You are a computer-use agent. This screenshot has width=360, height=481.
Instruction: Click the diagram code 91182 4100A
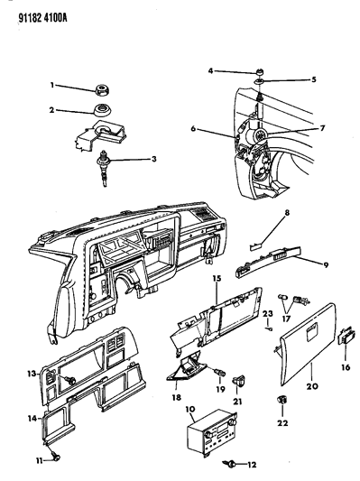pos(43,18)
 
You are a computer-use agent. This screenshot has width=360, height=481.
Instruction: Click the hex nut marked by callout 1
pos(103,89)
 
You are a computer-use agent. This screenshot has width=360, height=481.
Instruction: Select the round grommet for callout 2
pos(103,110)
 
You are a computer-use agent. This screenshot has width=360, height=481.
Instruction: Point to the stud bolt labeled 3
pos(105,168)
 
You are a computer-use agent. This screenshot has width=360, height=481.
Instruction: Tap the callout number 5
pos(313,79)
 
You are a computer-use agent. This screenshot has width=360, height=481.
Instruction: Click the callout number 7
pos(322,127)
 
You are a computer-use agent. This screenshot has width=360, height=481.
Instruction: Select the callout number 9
pos(326,264)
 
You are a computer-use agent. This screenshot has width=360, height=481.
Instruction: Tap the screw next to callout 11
pos(56,458)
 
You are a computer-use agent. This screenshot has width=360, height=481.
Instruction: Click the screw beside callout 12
pos(230,464)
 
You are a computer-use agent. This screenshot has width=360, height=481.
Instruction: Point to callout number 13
pos(32,374)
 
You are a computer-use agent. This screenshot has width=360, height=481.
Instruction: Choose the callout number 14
pos(32,418)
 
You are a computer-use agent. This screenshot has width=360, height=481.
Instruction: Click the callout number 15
pos(217,279)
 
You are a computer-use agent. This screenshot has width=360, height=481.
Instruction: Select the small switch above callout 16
pos(346,338)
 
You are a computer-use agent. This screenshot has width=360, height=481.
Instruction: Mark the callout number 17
pos(286,319)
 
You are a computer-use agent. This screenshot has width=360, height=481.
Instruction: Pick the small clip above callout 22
pos(282,400)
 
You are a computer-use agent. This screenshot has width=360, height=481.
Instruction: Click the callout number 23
pos(268,313)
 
